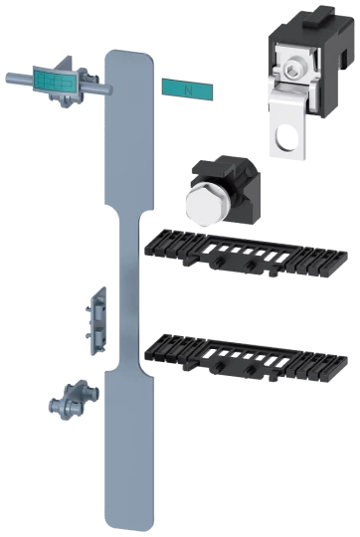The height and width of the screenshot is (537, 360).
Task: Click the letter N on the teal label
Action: pyautogui.click(x=188, y=90)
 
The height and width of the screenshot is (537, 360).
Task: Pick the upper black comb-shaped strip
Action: pyautogui.click(x=246, y=253)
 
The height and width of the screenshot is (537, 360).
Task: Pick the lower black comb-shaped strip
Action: pyautogui.click(x=246, y=358)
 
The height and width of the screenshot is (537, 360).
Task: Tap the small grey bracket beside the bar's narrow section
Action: pyautogui.click(x=95, y=321)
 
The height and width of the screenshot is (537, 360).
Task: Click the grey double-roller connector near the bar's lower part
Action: pyautogui.click(x=74, y=400)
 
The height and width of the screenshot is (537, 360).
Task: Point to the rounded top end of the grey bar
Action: pyautogui.click(x=129, y=55)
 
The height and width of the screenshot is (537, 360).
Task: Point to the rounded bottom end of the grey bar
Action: pyautogui.click(x=129, y=524)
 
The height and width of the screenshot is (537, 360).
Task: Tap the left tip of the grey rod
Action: pyautogui.click(x=8, y=78)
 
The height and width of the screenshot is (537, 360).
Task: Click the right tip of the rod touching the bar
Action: pyautogui.click(x=109, y=89)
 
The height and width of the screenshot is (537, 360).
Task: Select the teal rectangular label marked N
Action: pyautogui.click(x=187, y=90)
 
